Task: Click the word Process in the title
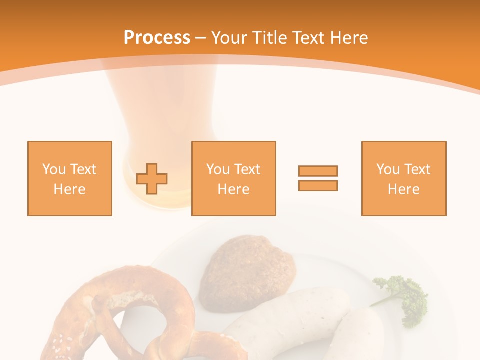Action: tap(157, 38)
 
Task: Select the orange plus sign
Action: tap(152, 178)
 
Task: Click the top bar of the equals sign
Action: tap(318, 171)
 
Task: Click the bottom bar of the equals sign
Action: tap(318, 185)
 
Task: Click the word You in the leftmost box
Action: tap(53, 169)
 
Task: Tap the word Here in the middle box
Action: tap(234, 189)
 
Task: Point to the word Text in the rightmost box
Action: tap(416, 169)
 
